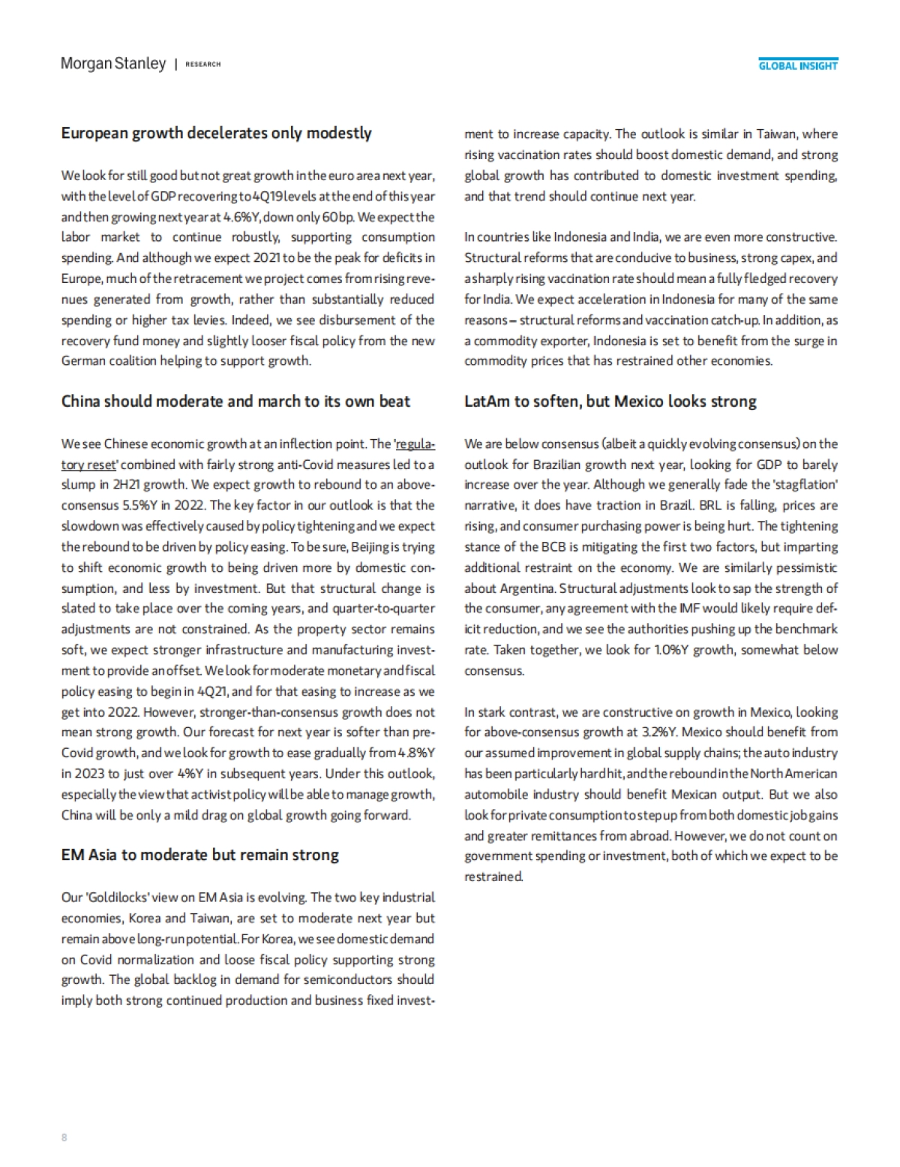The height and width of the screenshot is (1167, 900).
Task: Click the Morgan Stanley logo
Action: (113, 64)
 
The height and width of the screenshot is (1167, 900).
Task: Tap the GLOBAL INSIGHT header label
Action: (798, 66)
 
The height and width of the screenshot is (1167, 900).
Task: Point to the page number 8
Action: (64, 1137)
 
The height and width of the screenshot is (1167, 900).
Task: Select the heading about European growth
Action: (216, 133)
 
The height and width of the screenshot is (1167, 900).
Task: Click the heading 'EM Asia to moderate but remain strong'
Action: (199, 855)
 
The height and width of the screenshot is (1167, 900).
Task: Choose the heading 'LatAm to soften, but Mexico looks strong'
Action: (610, 401)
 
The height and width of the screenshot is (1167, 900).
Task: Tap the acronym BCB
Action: (553, 547)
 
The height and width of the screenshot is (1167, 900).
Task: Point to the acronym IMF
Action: (709, 609)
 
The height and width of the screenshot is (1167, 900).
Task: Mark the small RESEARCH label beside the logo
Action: (202, 65)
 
